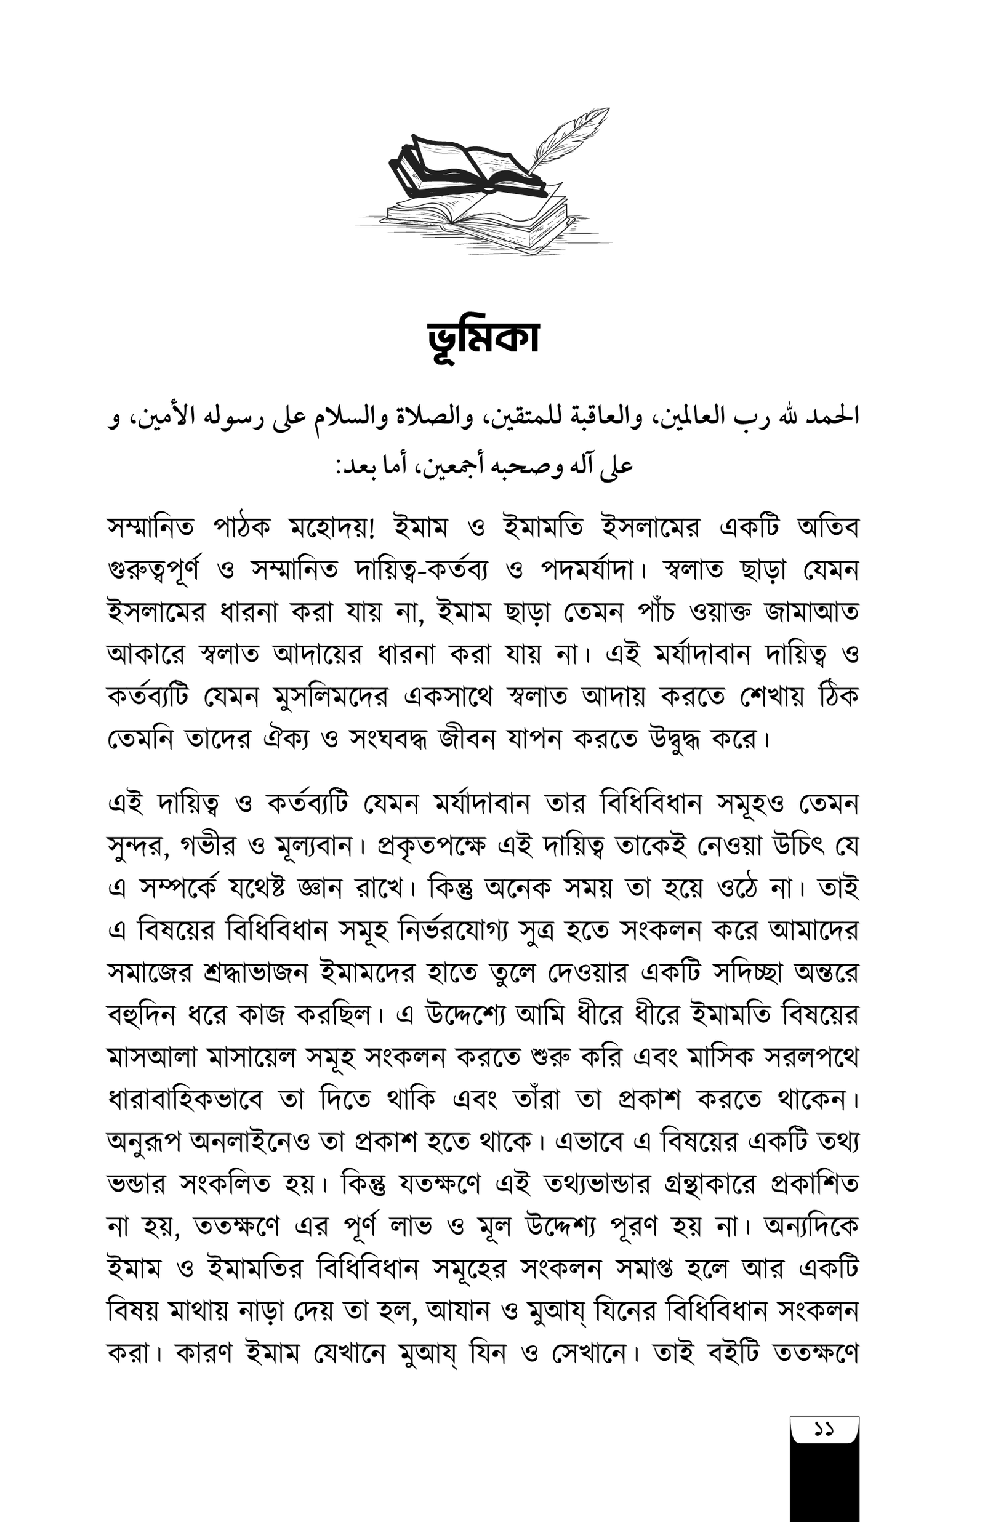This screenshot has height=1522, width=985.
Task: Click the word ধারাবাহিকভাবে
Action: pyautogui.click(x=185, y=1100)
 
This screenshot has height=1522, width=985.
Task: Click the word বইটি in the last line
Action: pyautogui.click(x=733, y=1353)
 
